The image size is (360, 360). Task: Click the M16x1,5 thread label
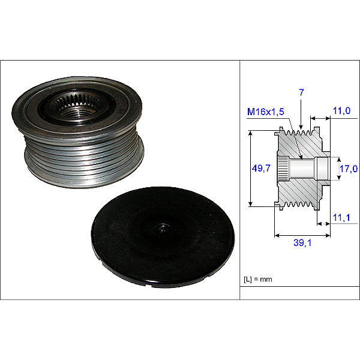pos(266,112)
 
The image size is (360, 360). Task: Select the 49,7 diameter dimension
pos(261,168)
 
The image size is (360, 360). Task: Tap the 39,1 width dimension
pos(302,242)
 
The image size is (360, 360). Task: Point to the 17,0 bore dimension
pos(349,169)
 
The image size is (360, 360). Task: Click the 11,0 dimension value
pos(341,110)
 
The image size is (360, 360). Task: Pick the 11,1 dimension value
pos(341,217)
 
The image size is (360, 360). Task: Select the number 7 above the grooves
pos(301,92)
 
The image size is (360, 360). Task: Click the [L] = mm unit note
pos(258,280)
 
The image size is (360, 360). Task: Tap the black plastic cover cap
pos(163,237)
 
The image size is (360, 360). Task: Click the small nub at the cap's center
pos(163,229)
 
